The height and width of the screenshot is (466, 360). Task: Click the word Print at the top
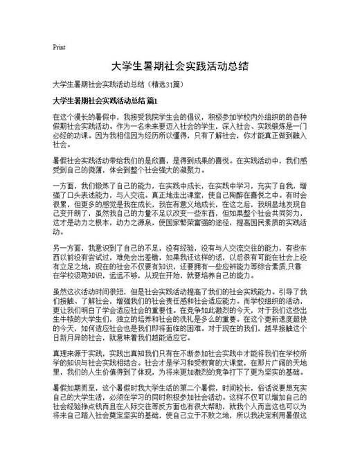tap(58, 48)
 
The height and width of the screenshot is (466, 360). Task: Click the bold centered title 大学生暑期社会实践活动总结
tap(180, 67)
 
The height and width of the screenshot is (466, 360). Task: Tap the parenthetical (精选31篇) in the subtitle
tap(165, 84)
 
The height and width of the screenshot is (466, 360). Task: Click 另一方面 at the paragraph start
tap(66, 248)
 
